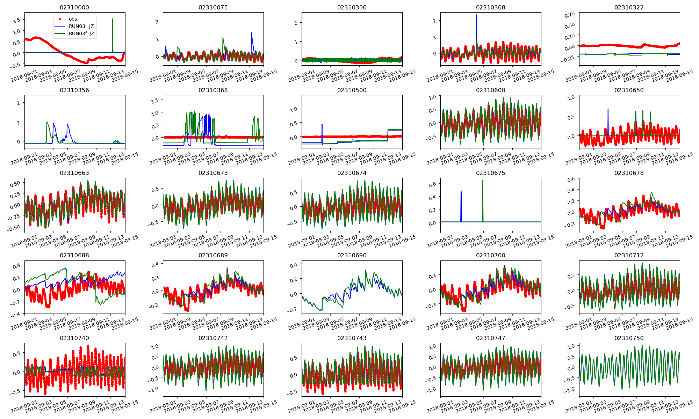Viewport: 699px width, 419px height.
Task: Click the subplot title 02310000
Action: point(74,7)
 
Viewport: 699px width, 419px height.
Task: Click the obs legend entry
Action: point(73,19)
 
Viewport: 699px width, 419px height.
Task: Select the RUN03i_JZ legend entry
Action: point(81,26)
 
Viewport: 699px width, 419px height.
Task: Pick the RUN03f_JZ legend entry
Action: point(81,34)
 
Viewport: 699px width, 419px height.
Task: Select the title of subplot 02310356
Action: point(74,90)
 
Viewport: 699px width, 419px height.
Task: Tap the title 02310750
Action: point(629,338)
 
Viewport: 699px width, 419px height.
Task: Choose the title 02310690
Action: point(352,255)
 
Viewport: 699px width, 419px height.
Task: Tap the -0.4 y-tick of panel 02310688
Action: point(16,315)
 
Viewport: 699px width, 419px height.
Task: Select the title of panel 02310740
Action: point(74,338)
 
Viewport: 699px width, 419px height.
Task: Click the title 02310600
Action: point(490,90)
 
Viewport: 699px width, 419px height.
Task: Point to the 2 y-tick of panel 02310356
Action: point(18,103)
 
